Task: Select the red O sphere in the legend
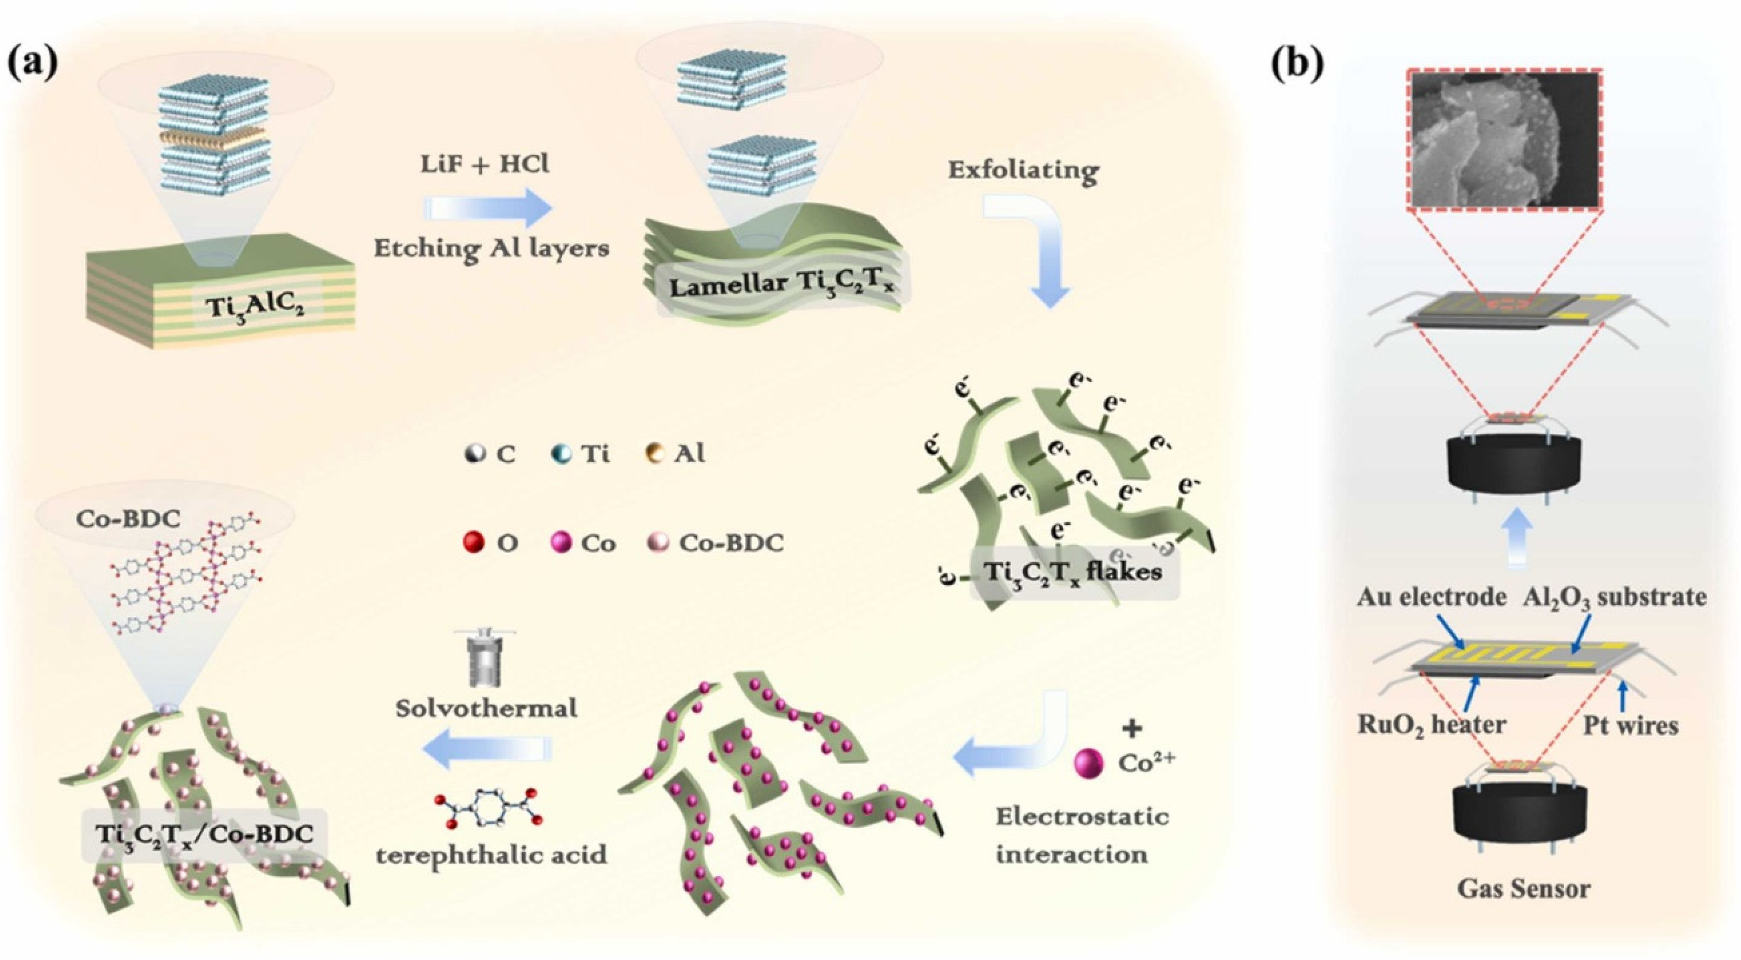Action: pyautogui.click(x=474, y=542)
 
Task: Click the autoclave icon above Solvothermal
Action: pyautogui.click(x=485, y=655)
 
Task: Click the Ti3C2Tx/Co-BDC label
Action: pyautogui.click(x=205, y=834)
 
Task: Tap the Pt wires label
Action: pyautogui.click(x=1631, y=725)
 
